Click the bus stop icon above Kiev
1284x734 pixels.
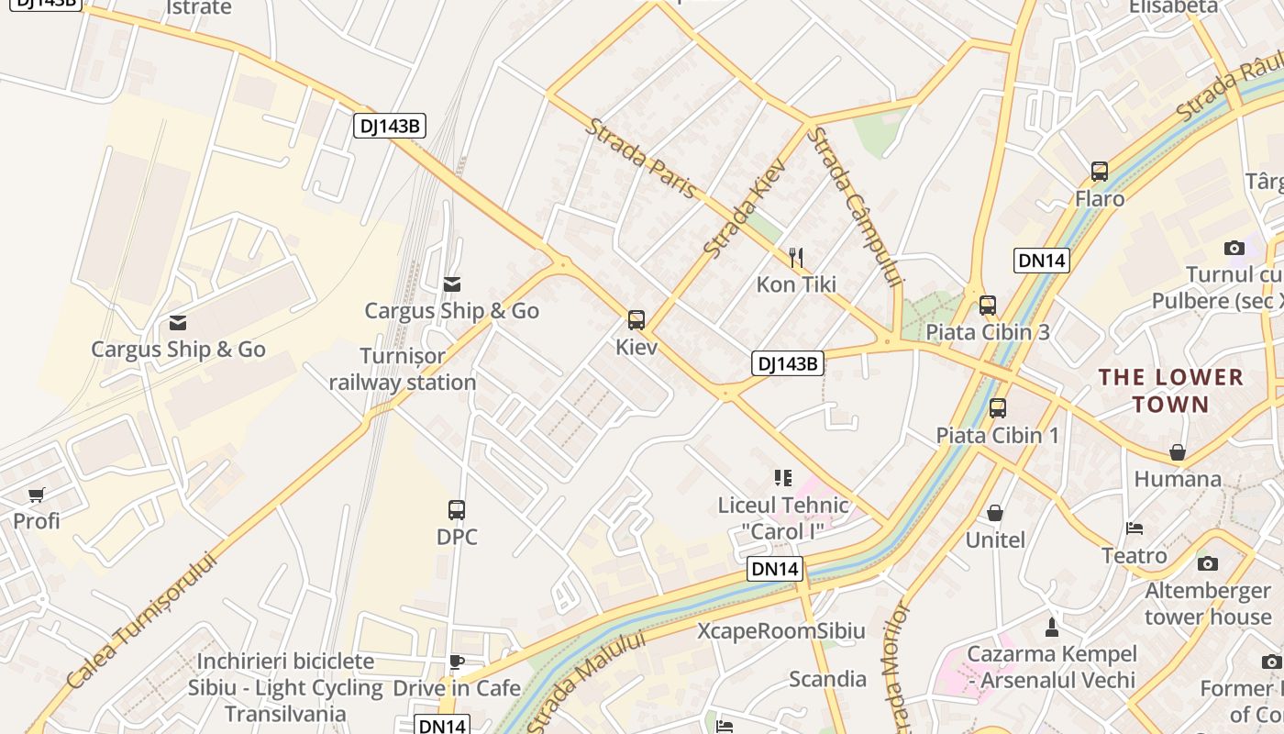coord(636,319)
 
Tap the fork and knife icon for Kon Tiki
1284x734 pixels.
coord(796,258)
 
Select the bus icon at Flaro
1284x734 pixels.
coord(1100,172)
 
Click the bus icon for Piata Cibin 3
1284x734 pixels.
coord(988,306)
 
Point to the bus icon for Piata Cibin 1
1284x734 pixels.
coord(998,408)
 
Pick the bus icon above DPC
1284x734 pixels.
coord(457,510)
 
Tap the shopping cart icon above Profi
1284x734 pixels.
coord(37,495)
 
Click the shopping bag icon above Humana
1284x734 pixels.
coord(1178,452)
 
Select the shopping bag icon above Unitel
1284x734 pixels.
coord(995,513)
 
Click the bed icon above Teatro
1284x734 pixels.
coord(1135,528)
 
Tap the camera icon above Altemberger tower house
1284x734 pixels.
coord(1208,563)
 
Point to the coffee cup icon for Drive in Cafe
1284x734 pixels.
coord(456,662)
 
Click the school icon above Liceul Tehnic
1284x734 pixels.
coord(782,477)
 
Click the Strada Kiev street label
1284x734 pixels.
coord(745,207)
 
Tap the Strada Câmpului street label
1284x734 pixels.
coord(856,206)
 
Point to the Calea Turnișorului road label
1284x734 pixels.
coord(144,619)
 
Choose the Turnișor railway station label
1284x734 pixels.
coord(403,369)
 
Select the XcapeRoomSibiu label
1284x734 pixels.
coord(781,631)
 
